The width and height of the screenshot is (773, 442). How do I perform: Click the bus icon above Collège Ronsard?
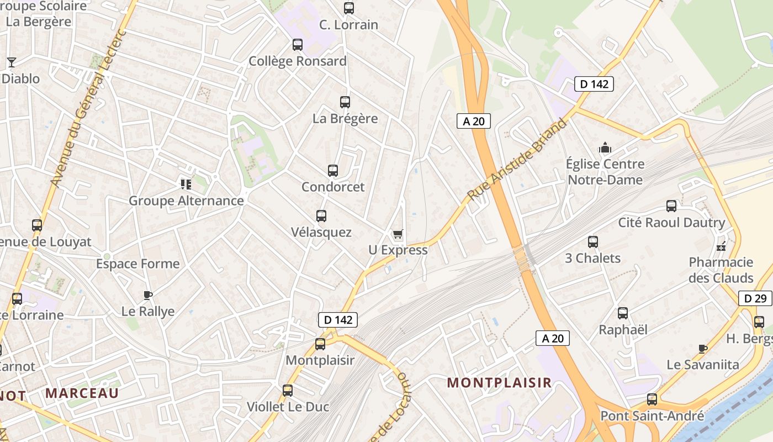click(298, 45)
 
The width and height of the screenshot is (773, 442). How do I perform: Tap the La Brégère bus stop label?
click(345, 118)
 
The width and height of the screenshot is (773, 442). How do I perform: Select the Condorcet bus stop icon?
click(332, 171)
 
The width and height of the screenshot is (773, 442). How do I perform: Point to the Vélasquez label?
click(321, 232)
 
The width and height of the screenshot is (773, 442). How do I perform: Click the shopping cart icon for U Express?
click(398, 234)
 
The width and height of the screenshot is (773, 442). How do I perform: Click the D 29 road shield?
click(755, 298)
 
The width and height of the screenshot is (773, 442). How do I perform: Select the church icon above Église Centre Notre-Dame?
click(605, 148)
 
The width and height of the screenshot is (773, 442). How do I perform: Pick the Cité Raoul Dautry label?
click(671, 223)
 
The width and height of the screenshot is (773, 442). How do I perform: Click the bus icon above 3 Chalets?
click(593, 241)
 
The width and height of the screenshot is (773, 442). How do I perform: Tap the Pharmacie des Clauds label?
click(721, 270)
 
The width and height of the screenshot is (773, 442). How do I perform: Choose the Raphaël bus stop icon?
click(623, 313)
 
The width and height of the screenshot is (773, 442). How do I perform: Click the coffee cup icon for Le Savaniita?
click(702, 349)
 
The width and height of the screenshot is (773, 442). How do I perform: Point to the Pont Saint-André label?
click(652, 416)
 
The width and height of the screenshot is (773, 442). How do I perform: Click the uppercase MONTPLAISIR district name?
click(499, 382)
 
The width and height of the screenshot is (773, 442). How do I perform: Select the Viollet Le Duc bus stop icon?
click(288, 391)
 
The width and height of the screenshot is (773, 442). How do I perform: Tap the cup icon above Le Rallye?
click(147, 295)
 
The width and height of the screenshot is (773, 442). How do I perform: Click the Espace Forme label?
click(138, 264)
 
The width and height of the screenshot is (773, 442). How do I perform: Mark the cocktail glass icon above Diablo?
click(11, 62)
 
